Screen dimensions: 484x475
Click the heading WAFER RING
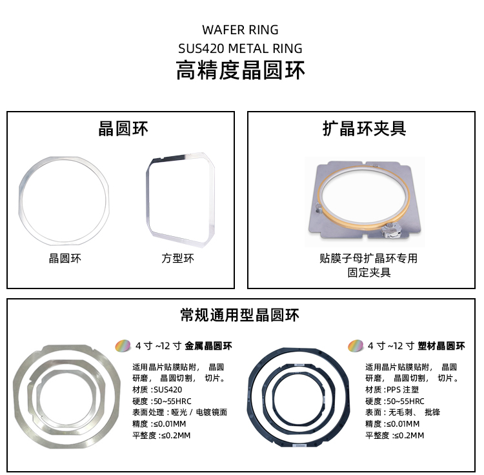pos(240,30)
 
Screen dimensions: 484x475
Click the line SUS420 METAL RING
pos(240,48)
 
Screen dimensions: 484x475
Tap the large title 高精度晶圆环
pos(240,70)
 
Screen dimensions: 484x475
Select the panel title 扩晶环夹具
pos(364,128)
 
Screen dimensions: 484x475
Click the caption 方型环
pos(178,258)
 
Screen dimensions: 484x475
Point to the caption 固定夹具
pos(369,272)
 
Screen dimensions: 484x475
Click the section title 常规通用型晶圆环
pos(240,315)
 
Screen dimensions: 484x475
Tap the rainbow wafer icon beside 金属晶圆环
pos(123,346)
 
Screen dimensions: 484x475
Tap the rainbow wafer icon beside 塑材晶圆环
pos(356,346)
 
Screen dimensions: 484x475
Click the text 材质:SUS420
pos(157,390)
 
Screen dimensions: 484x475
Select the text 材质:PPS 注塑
pos(392,390)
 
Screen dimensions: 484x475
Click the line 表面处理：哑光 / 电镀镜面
pos(179,412)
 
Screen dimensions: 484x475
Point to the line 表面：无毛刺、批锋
pos(403,412)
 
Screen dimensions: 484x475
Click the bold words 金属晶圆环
pos(208,346)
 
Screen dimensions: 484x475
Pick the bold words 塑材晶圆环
pos(441,346)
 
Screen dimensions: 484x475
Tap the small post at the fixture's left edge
pos(319,208)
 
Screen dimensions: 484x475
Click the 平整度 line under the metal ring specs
pos(161,436)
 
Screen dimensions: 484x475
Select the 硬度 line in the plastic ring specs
pos(395,401)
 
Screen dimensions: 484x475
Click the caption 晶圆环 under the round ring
pos(65,258)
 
